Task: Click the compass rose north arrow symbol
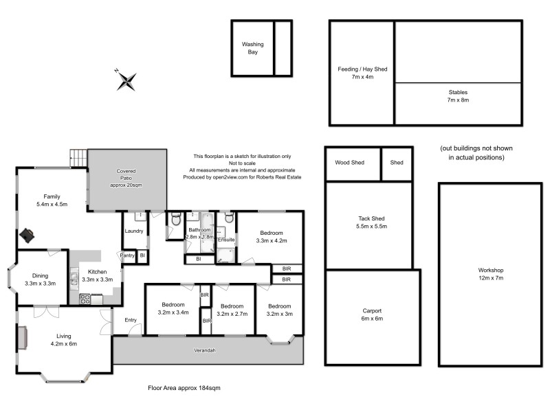126,80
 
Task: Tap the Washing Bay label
252,48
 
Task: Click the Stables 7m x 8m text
457,95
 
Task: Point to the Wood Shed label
349,163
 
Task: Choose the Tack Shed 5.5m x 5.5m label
368,222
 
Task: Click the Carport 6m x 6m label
371,314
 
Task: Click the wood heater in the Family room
27,235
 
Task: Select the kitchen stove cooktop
86,299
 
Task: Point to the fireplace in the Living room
23,338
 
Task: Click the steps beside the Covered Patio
78,158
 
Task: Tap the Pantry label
127,255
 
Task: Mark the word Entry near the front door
131,320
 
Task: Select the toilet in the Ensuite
229,219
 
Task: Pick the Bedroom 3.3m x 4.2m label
270,237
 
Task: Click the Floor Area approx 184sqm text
184,388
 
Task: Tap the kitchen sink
74,282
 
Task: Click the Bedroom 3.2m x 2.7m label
232,310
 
